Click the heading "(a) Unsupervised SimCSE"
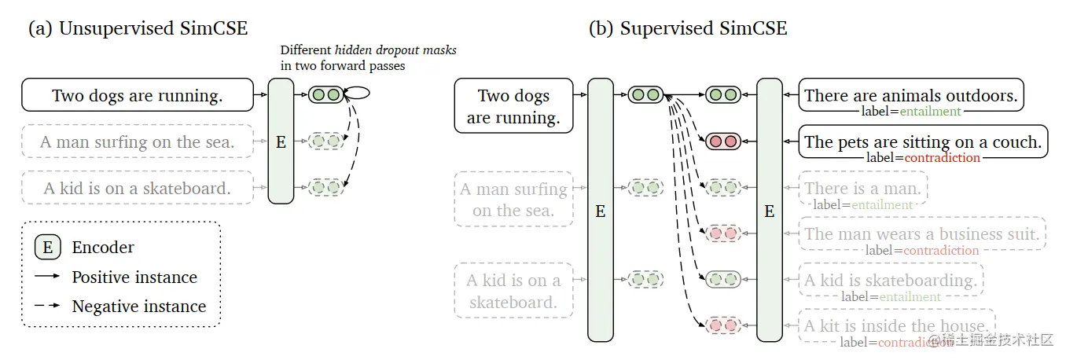click(138, 29)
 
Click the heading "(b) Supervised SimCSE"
click(688, 29)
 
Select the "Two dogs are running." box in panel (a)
click(138, 95)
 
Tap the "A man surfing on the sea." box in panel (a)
click(138, 142)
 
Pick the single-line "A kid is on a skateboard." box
click(138, 188)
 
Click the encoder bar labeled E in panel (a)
click(281, 141)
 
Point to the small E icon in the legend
click(48, 248)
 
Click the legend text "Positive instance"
click(134, 277)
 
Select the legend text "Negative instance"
click(139, 307)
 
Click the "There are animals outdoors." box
click(911, 95)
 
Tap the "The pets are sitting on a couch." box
click(923, 141)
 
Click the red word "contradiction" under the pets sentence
click(942, 158)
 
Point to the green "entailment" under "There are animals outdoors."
click(931, 112)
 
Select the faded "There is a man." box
click(862, 189)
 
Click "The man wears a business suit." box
click(922, 233)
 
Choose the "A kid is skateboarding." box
click(890, 281)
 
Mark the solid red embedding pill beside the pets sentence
click(722, 141)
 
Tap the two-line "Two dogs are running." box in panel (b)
click(514, 107)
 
